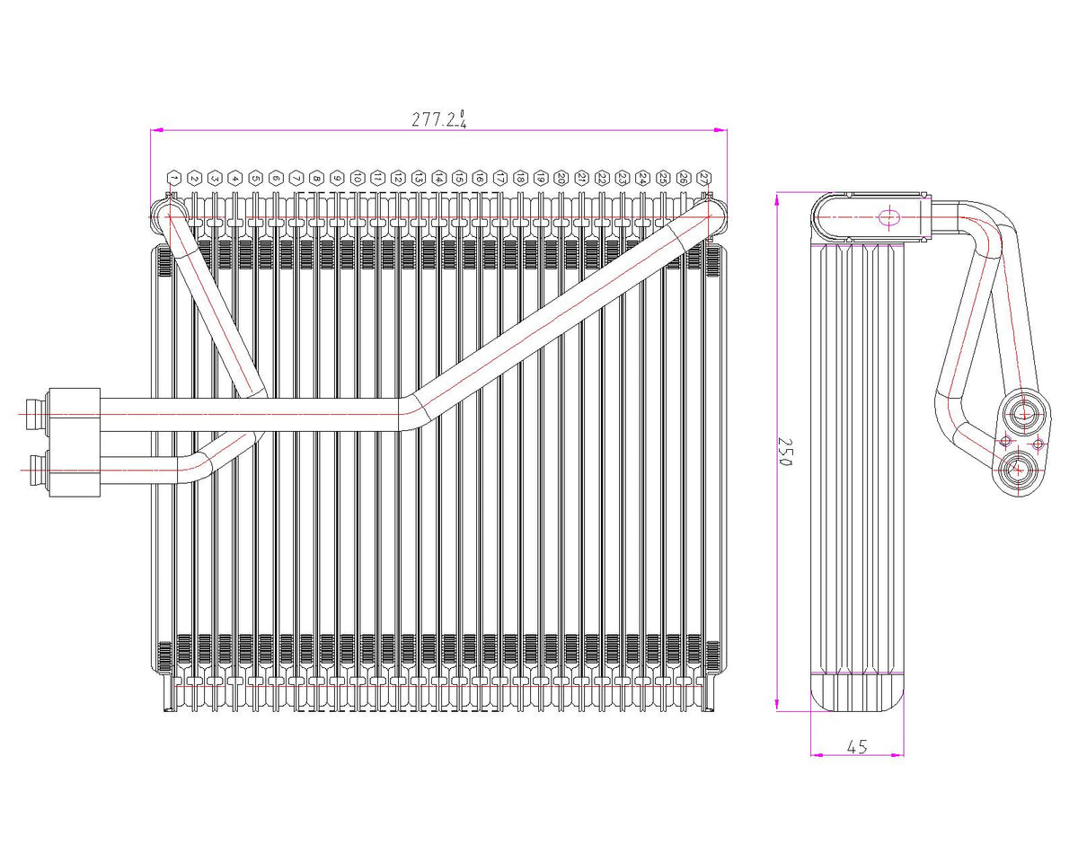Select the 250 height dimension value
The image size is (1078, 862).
point(785,452)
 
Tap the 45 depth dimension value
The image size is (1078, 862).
point(856,745)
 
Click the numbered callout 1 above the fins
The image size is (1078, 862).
point(173,178)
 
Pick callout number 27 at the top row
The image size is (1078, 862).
point(704,178)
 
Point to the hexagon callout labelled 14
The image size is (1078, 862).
point(438,178)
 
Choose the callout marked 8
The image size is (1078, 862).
point(316,178)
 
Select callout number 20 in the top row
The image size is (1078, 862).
point(561,178)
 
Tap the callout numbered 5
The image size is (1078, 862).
point(255,178)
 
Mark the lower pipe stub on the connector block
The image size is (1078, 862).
point(36,465)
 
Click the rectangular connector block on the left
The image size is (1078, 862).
point(73,441)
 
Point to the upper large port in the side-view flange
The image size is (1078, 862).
point(1024,414)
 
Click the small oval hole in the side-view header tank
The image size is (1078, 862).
point(888,217)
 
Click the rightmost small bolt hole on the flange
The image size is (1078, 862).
point(1038,443)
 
